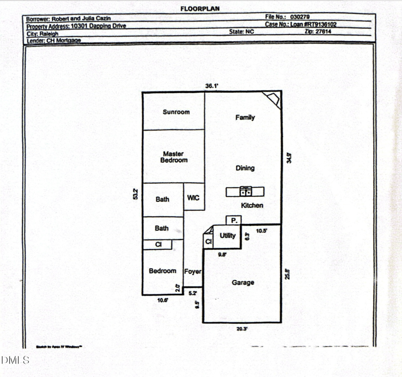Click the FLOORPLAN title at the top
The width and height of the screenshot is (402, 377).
200,9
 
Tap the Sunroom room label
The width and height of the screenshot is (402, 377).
176,112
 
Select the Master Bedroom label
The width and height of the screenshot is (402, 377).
174,157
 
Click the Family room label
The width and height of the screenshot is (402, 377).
245,117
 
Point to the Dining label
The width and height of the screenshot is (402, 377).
245,168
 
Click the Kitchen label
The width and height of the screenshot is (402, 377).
252,205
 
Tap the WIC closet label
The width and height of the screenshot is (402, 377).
193,198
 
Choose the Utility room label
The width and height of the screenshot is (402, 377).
228,235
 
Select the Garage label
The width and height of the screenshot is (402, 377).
243,283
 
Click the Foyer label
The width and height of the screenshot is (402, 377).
193,272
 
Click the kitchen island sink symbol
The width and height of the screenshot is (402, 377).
246,191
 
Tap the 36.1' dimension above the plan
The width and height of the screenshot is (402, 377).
212,86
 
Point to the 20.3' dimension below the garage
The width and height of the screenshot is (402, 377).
242,329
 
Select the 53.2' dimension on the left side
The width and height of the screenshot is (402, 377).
135,194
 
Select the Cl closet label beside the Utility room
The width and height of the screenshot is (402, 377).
208,242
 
